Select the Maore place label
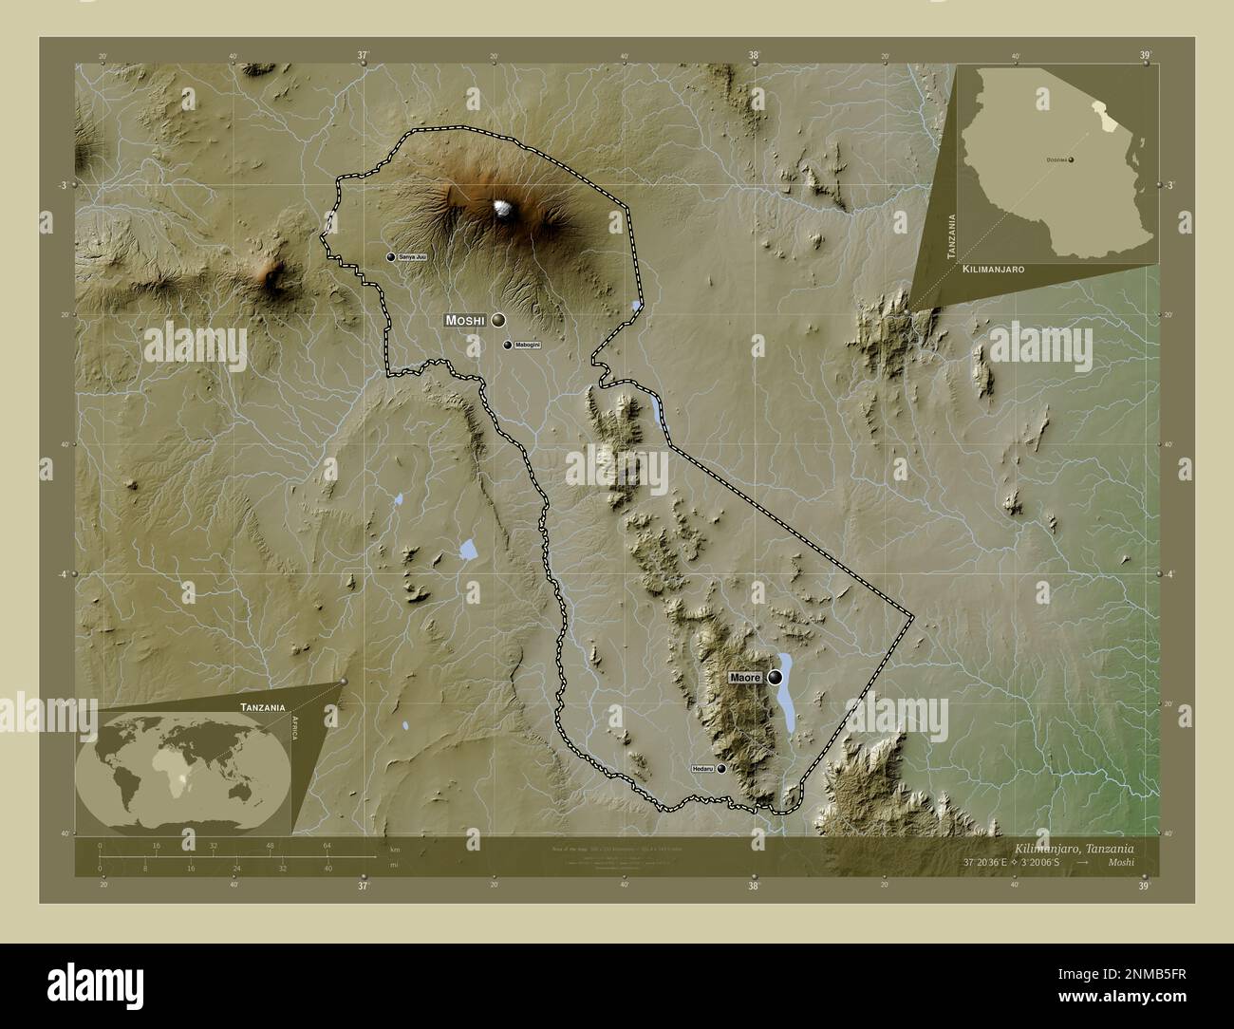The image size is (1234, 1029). (745, 678)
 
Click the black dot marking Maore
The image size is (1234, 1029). (776, 678)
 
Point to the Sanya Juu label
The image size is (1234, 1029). (412, 257)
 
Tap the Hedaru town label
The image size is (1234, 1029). (702, 768)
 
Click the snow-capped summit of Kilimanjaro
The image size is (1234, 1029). (502, 209)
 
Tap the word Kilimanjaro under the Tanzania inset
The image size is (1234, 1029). (993, 271)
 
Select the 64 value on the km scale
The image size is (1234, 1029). (327, 845)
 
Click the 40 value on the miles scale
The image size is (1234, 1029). (327, 868)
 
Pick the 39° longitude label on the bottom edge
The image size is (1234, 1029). (1145, 887)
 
